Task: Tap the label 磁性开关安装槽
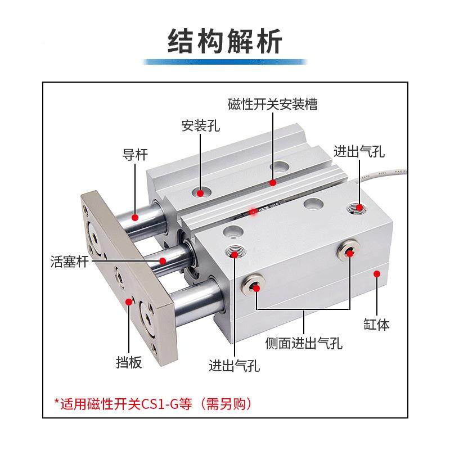coord(272,105)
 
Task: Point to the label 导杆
coord(135,155)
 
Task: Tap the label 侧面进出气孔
coord(304,343)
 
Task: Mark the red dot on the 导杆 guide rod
coord(135,217)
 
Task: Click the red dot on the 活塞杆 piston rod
coord(162,261)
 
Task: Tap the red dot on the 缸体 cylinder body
coord(376,274)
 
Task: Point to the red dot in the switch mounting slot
coord(273,182)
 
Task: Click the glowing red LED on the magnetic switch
coord(254,211)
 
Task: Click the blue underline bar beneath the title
coord(225,62)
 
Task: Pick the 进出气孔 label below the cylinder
coord(234,366)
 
